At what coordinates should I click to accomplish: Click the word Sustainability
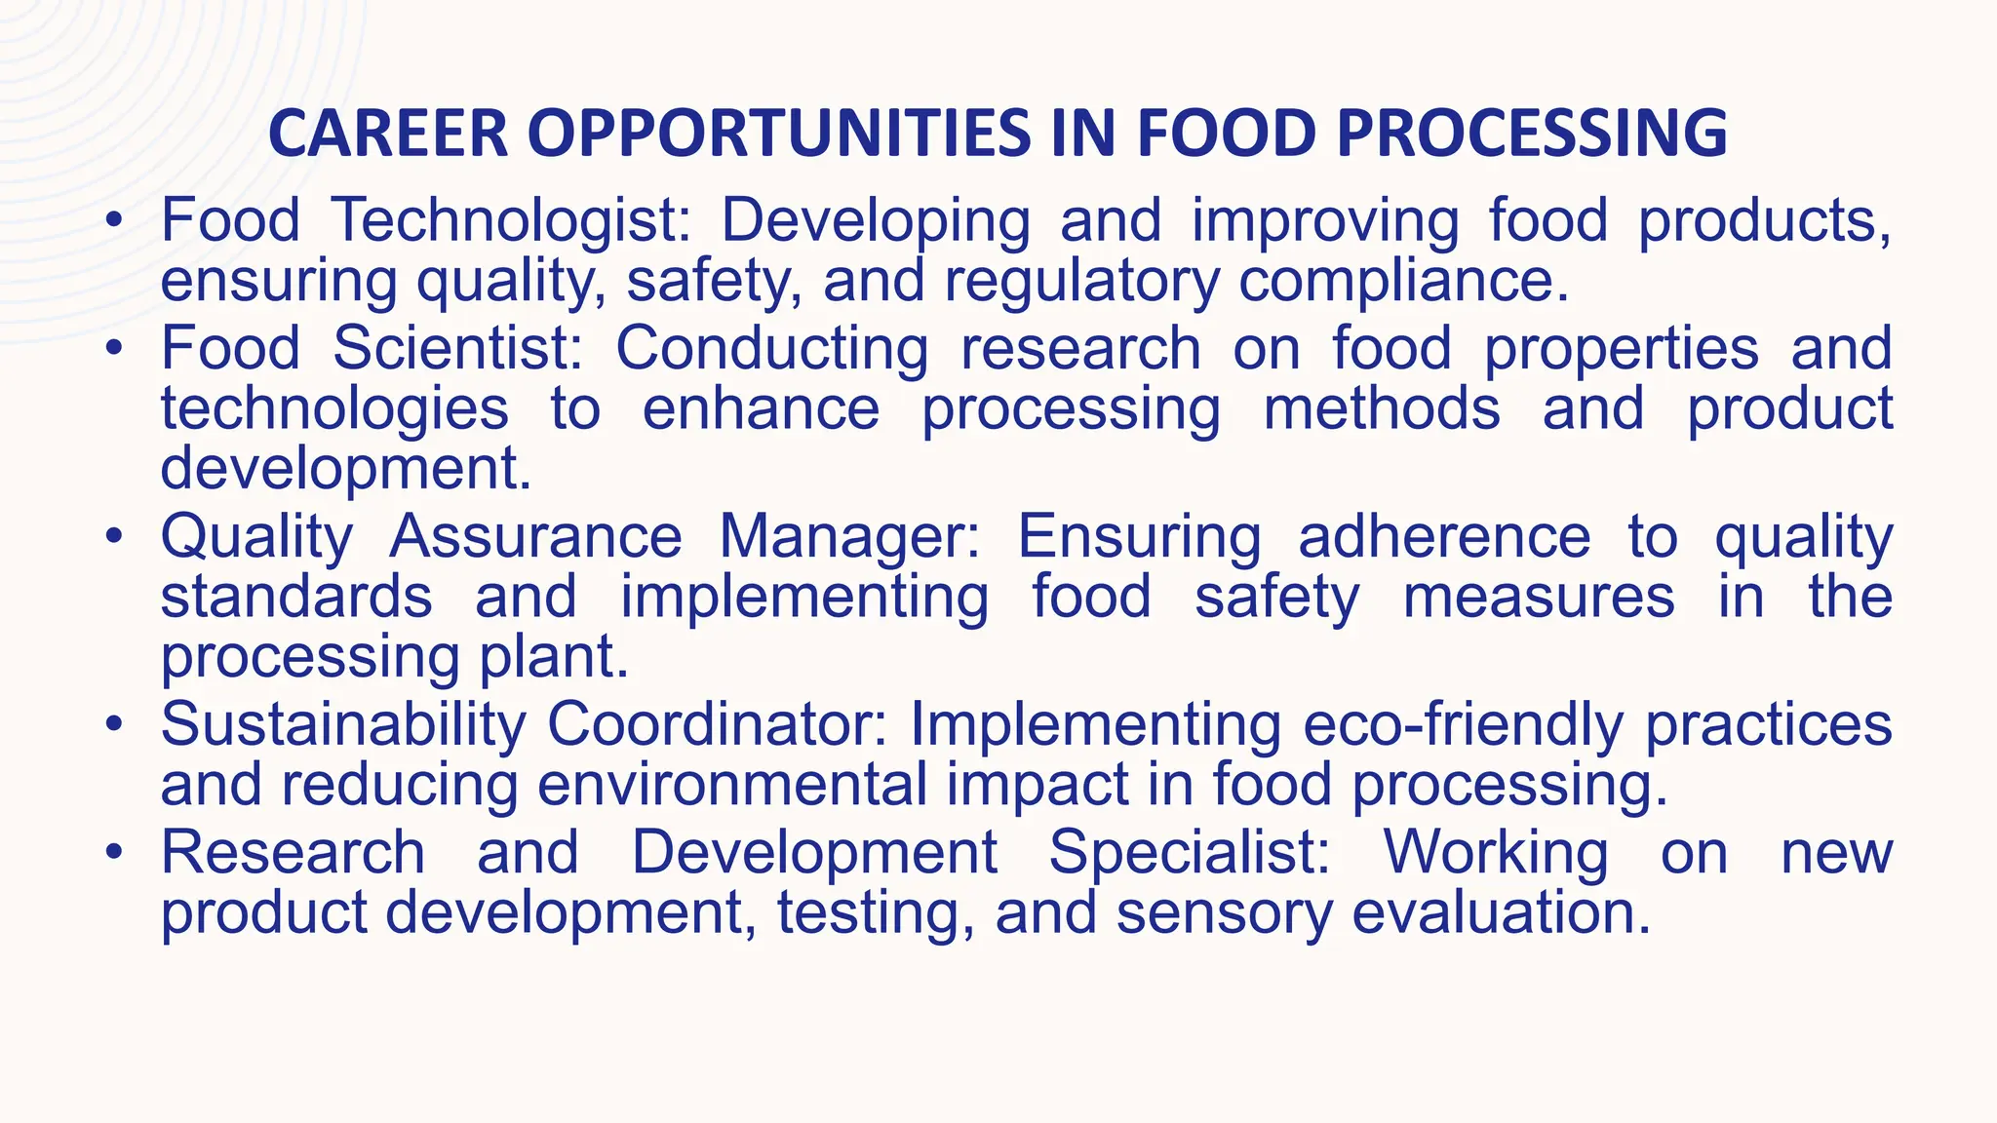tap(343, 724)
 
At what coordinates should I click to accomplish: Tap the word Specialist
tap(1190, 852)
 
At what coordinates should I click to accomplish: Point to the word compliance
tap(1404, 282)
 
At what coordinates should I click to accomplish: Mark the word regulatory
tap(1081, 282)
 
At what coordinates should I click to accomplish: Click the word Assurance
tap(535, 537)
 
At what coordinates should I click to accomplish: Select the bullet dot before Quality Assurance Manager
tap(115, 538)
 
